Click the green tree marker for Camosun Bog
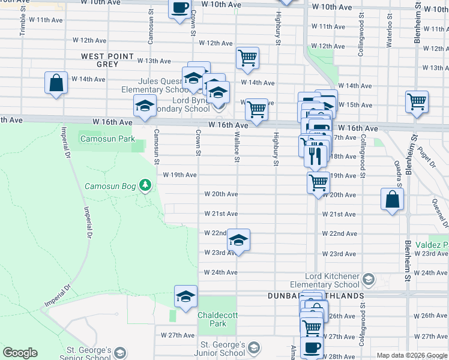click(145, 185)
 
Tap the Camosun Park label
click(101, 139)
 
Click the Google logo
click(20, 353)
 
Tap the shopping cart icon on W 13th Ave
click(247, 58)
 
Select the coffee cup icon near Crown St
click(179, 8)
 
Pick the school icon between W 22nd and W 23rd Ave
click(238, 240)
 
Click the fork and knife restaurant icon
click(315, 155)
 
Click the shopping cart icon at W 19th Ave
click(318, 181)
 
